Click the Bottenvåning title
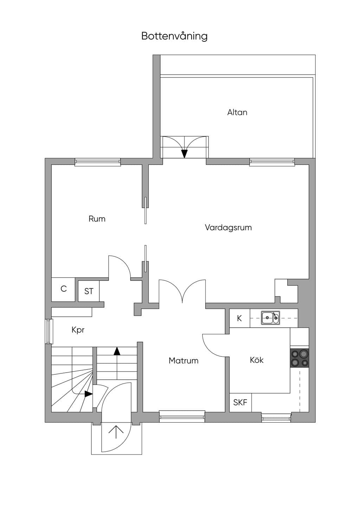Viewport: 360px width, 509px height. click(x=174, y=36)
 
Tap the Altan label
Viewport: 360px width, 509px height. click(x=237, y=112)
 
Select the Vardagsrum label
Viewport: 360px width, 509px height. click(x=228, y=227)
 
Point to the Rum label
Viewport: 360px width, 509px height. click(x=97, y=219)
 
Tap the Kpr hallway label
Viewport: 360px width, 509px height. click(x=78, y=330)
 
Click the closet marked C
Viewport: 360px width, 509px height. click(x=63, y=289)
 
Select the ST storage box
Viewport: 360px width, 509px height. click(x=89, y=291)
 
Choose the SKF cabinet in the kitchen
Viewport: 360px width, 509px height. click(x=240, y=402)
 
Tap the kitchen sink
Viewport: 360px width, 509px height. click(x=270, y=318)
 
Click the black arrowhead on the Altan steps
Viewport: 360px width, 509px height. click(x=184, y=154)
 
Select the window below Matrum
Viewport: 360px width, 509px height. click(x=182, y=416)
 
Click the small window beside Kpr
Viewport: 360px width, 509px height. click(x=49, y=331)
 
